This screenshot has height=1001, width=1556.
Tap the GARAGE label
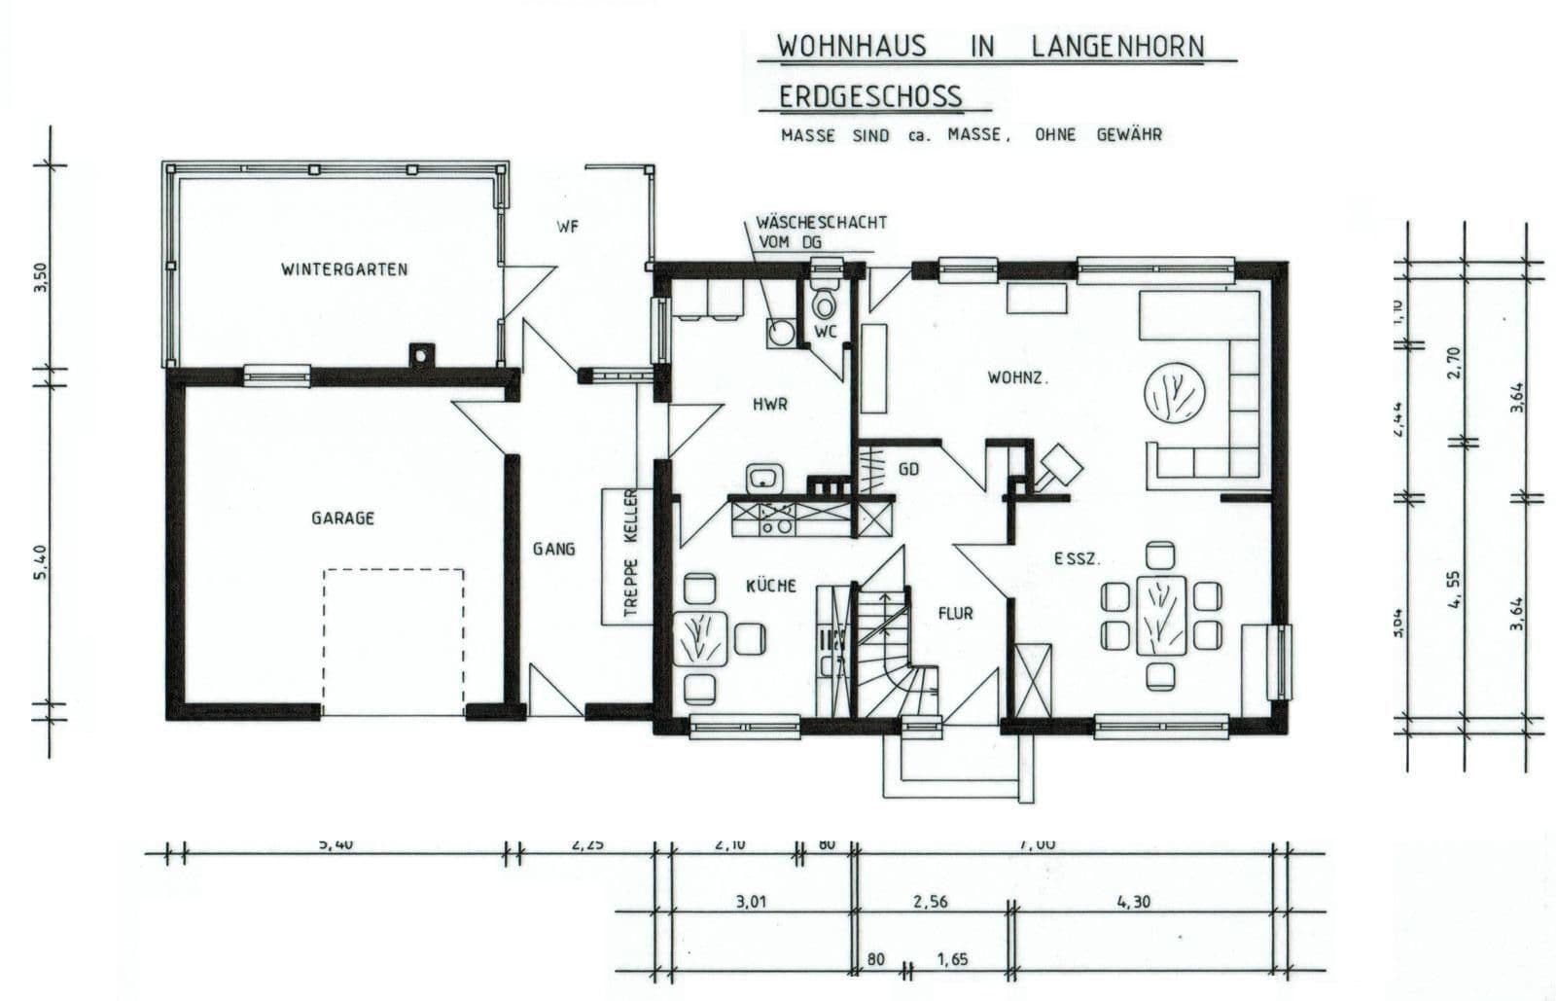tap(342, 518)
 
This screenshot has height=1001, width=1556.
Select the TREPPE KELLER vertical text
tap(629, 554)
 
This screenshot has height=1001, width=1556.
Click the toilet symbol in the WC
tap(826, 304)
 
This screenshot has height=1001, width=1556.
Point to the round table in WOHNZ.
tap(1176, 396)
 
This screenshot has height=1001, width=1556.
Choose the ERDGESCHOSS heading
tap(870, 96)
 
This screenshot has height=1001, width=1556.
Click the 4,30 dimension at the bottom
tap(1134, 902)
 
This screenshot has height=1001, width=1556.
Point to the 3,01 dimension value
tap(752, 902)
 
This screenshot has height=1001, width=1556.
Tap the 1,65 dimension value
tap(952, 959)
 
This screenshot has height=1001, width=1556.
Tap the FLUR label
tap(955, 614)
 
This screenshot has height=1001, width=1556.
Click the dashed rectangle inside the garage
tap(394, 642)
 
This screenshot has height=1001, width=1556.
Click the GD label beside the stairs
tap(909, 469)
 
